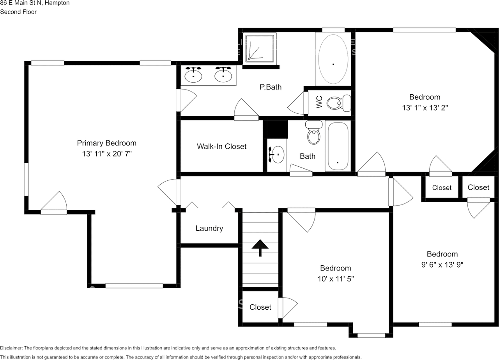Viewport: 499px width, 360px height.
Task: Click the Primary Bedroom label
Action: (106, 143)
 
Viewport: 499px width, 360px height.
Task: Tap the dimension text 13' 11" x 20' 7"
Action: (106, 154)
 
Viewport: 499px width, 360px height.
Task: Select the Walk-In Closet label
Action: (221, 146)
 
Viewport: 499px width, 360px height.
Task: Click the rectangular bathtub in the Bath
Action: (338, 146)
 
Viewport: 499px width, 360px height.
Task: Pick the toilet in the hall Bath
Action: (313, 133)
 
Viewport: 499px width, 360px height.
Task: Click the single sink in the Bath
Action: (276, 155)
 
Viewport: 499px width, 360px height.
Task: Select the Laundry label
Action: (209, 229)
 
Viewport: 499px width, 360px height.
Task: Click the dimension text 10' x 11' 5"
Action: (335, 279)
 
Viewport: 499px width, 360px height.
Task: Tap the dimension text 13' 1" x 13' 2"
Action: (425, 108)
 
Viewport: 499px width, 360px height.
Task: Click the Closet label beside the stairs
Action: (260, 307)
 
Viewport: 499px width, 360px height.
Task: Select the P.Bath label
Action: (271, 87)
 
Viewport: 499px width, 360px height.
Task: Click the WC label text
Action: (319, 103)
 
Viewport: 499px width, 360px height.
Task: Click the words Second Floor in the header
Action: (18, 12)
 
